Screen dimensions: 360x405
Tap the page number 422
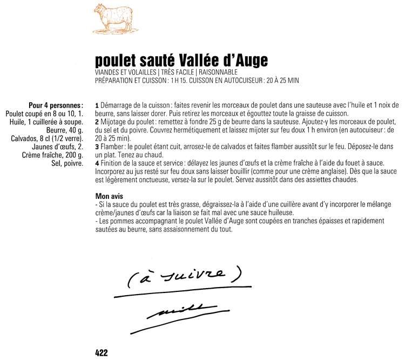coord(102,352)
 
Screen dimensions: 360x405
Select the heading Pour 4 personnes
coord(56,104)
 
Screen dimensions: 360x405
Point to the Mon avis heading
coord(110,197)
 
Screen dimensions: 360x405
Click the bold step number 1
coord(96,105)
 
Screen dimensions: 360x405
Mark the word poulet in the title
coord(115,60)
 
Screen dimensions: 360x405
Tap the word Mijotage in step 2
coord(114,122)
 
